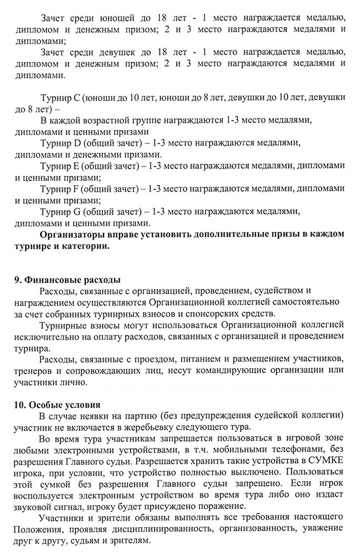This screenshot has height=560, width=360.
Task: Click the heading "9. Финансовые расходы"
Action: coord(68,279)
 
